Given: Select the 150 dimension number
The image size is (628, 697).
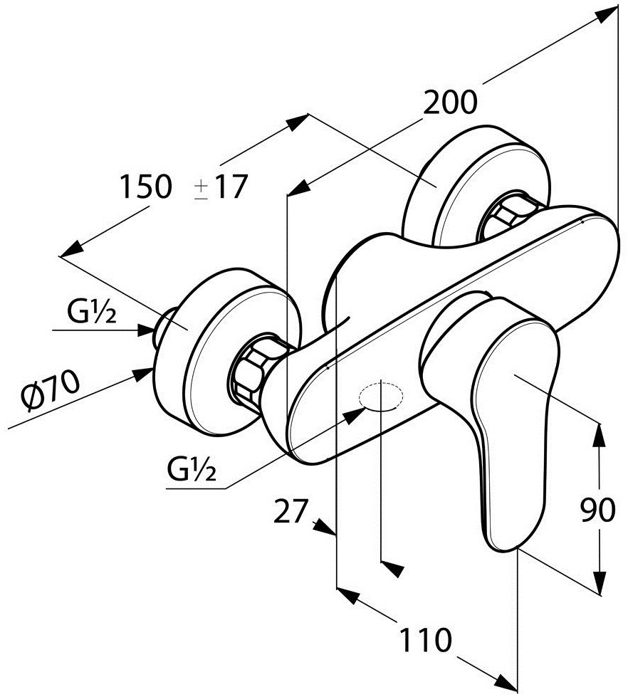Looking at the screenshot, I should coord(145,187).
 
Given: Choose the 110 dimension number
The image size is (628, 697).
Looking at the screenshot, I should coord(425,640).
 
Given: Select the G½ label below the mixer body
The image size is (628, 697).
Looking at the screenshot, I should coord(192,469).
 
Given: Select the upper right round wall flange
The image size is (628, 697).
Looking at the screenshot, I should coord(476,184).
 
